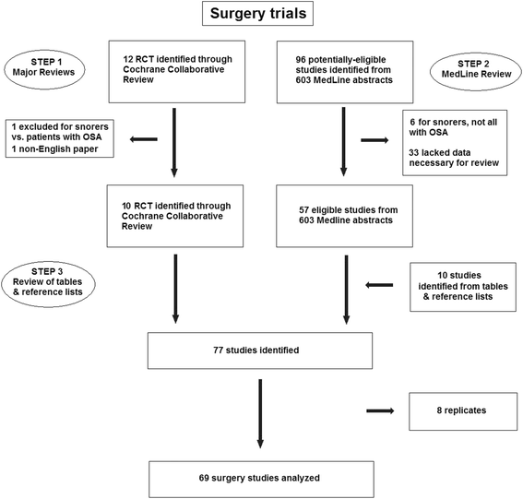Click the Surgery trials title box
tap(258, 14)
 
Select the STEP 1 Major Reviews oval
tap(44, 70)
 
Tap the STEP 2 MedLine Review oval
tap(476, 72)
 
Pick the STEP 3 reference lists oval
tap(48, 284)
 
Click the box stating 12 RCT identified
tap(177, 72)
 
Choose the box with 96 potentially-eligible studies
tap(345, 72)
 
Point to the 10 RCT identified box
tap(175, 216)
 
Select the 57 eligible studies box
tap(345, 216)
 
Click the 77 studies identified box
tap(260, 350)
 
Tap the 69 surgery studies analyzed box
tap(262, 480)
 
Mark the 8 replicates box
tap(463, 411)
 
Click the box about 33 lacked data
tap(455, 143)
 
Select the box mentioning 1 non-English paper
tap(60, 138)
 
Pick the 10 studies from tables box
tap(463, 287)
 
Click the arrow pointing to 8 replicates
tap(380, 411)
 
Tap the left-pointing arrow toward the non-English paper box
tap(143, 139)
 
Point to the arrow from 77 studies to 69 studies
tap(260, 413)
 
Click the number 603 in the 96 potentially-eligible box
tap(303, 80)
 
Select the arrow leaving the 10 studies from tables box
tap(379, 285)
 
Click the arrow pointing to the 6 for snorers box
tap(374, 140)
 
